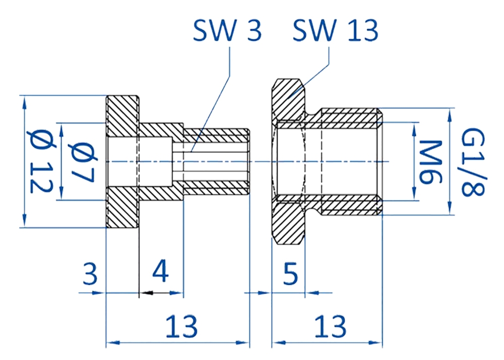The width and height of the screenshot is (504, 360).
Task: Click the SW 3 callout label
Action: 227,30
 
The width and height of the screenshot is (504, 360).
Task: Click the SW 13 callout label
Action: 335,30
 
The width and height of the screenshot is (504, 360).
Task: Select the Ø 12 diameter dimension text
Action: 41,161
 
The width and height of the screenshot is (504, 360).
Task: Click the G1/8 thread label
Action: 473,162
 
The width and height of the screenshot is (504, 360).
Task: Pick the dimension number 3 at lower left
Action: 90,273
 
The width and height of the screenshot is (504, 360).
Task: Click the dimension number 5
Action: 291,273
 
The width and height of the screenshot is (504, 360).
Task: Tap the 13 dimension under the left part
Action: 181,326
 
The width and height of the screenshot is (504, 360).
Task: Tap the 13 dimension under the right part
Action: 331,326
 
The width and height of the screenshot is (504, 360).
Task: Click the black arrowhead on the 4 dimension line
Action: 147,293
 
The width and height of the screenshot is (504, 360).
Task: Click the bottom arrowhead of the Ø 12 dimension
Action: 24,222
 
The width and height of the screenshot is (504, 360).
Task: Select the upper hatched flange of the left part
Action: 122,116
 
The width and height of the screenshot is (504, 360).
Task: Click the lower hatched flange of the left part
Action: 122,208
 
